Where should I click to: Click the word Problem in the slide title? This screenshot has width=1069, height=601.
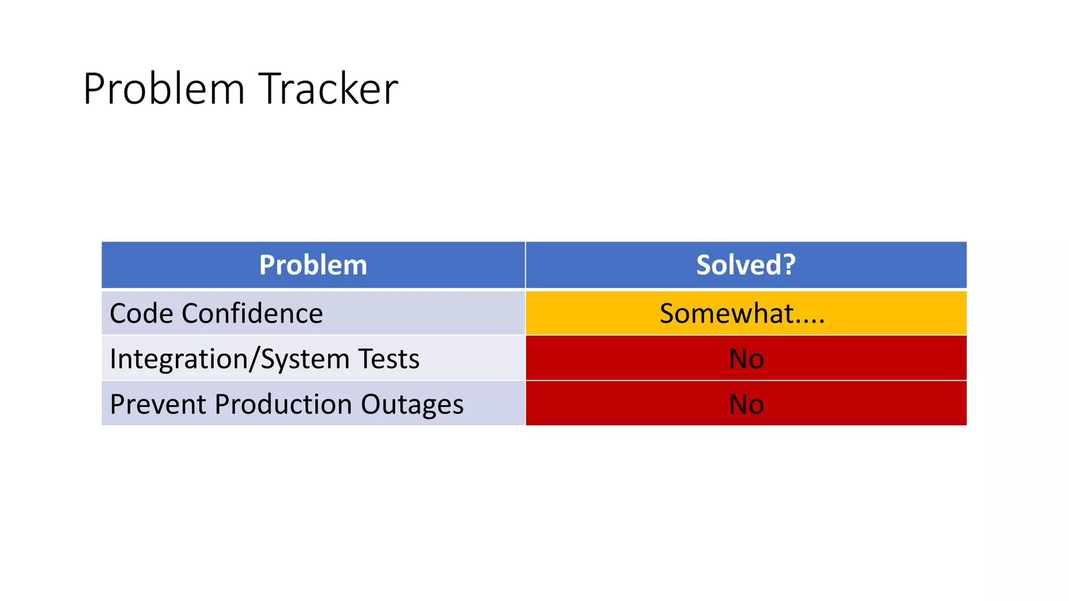coord(164,89)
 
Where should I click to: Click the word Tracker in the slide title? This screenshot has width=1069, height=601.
coord(328,89)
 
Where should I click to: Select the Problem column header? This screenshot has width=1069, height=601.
coord(313,265)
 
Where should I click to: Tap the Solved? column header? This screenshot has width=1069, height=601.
coord(745,265)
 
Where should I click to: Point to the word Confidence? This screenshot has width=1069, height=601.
coord(253,314)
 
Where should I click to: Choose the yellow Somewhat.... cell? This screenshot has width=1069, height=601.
coord(745,314)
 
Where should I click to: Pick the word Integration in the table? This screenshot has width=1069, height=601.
coord(177,359)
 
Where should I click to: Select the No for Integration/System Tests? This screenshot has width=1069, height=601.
coord(746,359)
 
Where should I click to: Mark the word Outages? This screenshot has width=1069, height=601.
coord(412,405)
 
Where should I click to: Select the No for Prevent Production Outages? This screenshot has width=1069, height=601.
coord(746,404)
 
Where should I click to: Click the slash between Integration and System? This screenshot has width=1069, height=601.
coord(253,359)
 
